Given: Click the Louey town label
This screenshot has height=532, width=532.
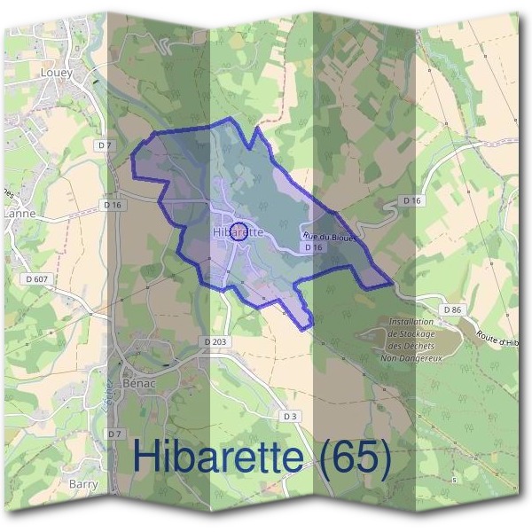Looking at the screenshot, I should click(56, 73).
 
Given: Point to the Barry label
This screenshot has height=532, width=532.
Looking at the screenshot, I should click(82, 484).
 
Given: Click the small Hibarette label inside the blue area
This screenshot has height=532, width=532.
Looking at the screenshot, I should click(239, 231).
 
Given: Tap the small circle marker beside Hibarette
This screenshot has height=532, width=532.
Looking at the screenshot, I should click(238, 233).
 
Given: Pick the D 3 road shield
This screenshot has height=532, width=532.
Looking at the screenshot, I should click(290, 416).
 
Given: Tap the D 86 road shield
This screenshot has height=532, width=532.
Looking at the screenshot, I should click(452, 309).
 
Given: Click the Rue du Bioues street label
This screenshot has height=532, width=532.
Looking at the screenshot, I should click(329, 237).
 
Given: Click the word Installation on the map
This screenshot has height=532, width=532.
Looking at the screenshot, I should click(411, 323).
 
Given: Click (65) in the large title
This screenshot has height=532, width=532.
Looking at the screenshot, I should click(354, 458).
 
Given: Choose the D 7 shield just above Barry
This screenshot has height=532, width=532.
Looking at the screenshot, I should click(113, 434).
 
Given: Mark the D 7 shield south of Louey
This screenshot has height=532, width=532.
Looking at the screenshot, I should click(106, 145).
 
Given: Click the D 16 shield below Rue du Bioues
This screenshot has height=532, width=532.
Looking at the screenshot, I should click(311, 248).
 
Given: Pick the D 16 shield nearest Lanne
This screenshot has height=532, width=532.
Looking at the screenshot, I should click(112, 205).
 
